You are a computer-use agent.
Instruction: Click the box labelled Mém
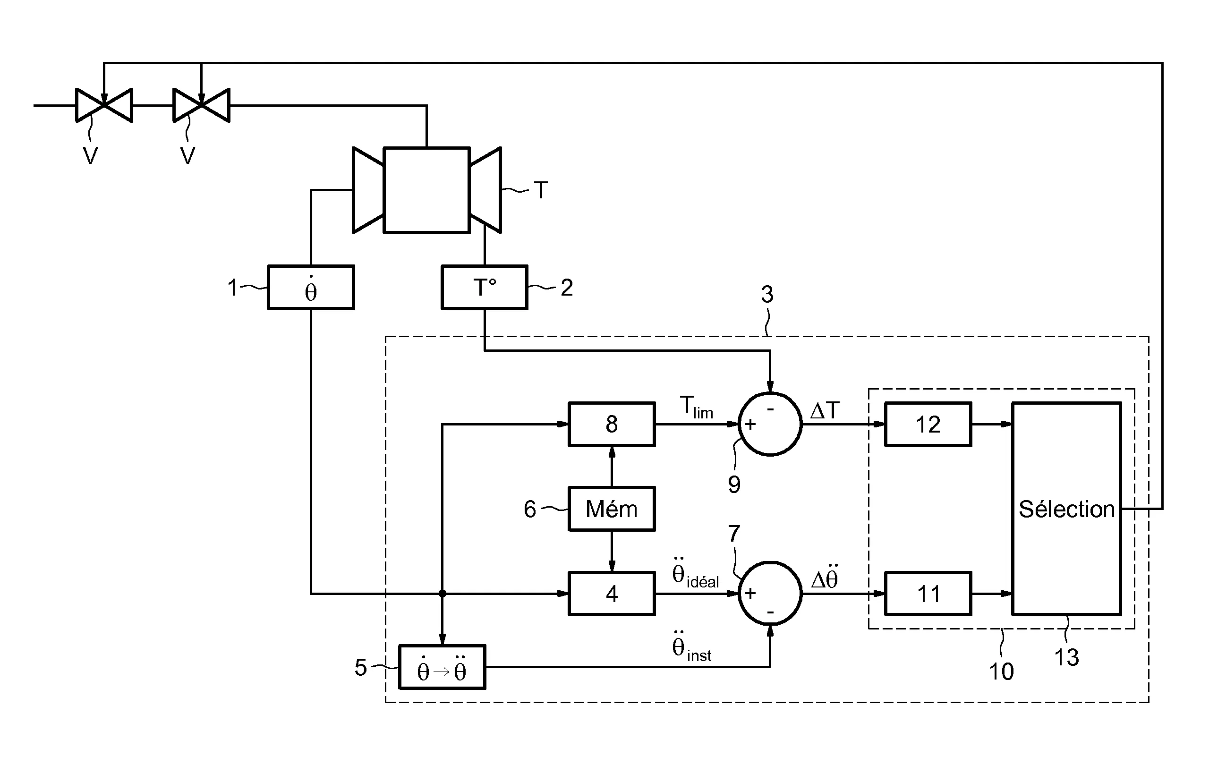611,509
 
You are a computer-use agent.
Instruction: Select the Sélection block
1066,509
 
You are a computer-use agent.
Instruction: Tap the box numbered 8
611,424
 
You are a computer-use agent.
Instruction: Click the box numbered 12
928,424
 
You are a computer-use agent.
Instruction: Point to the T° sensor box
484,288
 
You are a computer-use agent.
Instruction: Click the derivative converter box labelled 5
442,667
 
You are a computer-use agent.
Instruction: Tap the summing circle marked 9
770,424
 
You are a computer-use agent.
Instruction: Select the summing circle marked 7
770,593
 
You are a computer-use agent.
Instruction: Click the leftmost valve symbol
104,105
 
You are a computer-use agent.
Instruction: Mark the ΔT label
825,411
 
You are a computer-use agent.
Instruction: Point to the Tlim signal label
696,407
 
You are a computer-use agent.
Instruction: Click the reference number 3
766,295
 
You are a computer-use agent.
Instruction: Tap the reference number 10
1001,671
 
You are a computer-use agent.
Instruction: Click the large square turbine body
426,190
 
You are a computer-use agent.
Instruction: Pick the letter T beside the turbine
540,190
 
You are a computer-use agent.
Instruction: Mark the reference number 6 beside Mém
530,510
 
